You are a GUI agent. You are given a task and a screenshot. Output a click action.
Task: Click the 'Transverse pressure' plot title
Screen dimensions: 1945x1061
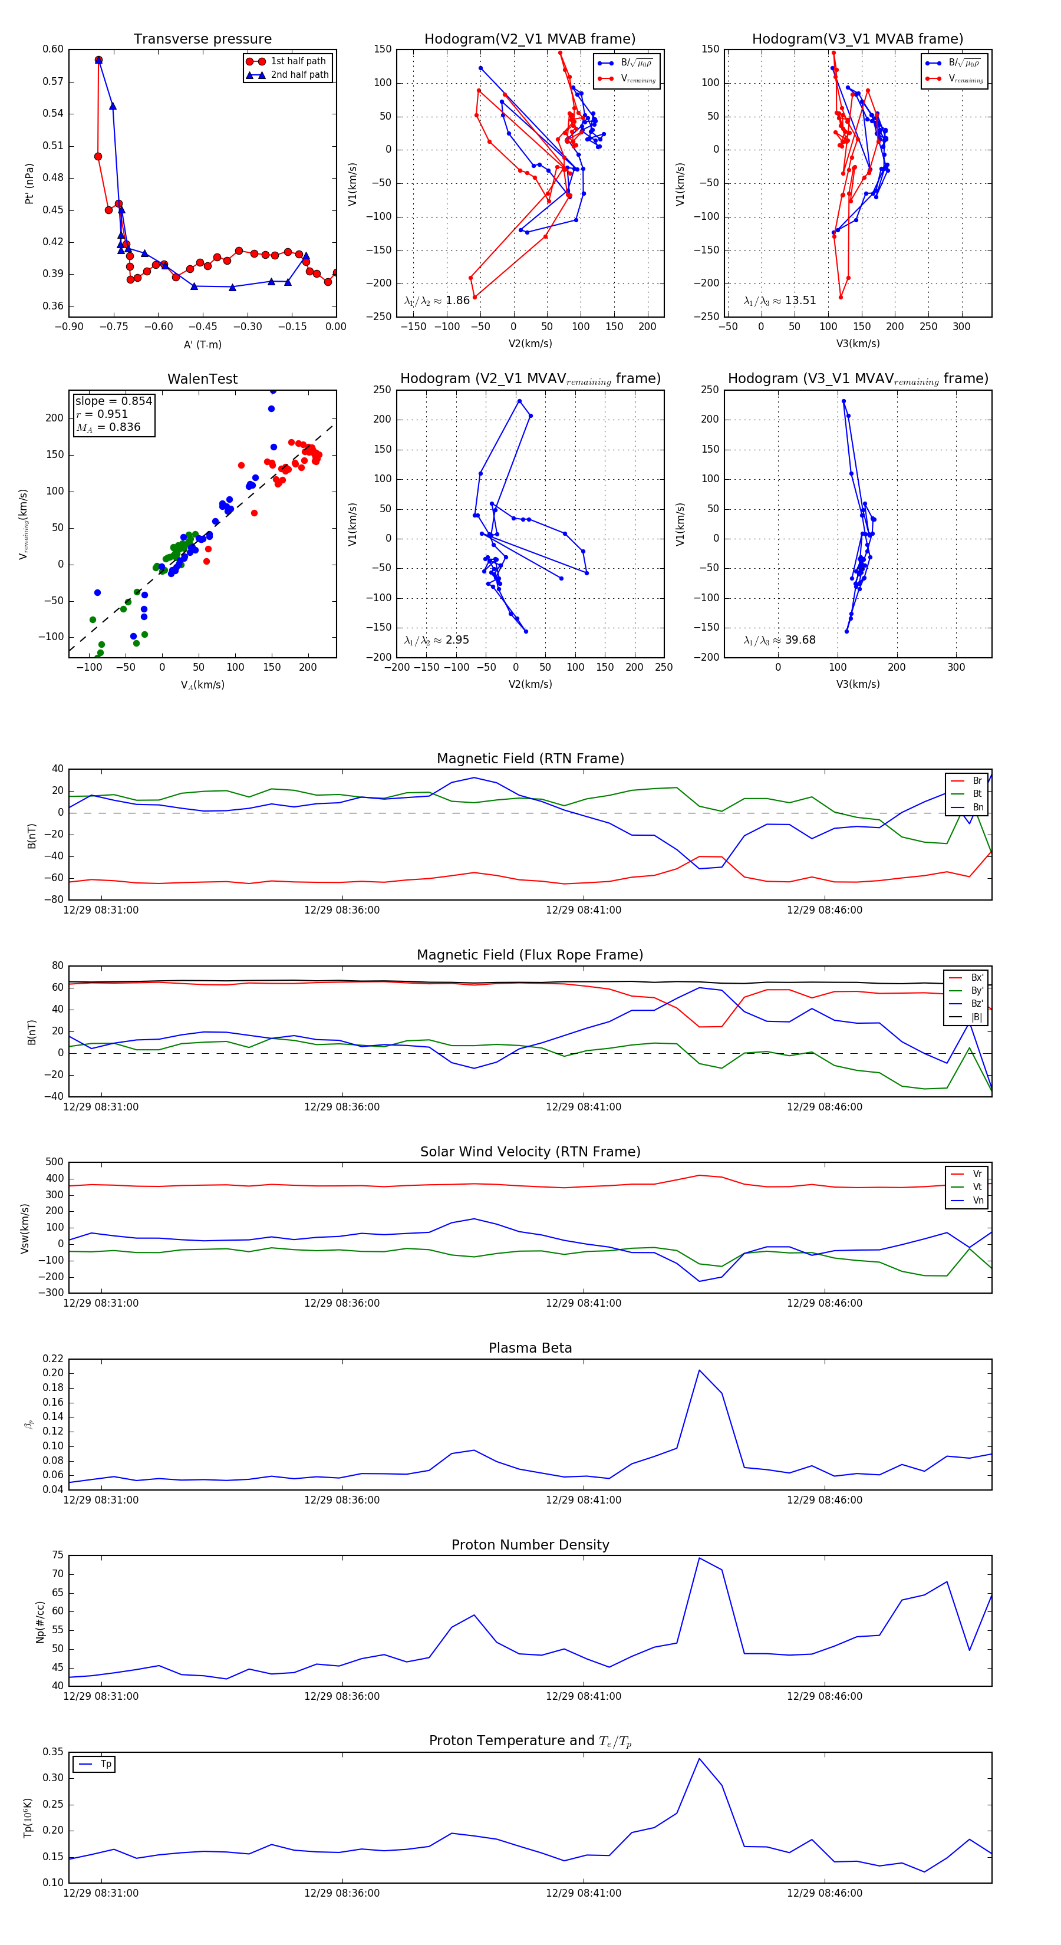coord(202,39)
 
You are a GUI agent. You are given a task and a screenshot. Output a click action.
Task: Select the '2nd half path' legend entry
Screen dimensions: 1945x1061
coord(299,75)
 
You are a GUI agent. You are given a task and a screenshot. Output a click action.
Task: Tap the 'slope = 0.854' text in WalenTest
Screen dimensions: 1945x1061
coord(113,401)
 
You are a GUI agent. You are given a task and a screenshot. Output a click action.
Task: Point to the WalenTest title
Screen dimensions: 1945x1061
coord(202,379)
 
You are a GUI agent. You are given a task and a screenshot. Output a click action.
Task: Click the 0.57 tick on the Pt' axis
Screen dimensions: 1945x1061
coord(53,81)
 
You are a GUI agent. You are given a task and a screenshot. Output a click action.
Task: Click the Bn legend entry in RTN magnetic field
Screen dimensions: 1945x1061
coord(977,807)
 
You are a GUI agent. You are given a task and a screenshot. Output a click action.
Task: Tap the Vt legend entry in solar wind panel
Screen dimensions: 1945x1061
coord(977,1187)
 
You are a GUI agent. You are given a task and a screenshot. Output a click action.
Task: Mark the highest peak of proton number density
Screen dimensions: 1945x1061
coord(699,1558)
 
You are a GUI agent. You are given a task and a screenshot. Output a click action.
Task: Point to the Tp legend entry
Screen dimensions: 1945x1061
coord(106,1764)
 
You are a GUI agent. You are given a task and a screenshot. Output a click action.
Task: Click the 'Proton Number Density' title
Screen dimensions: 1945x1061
coord(530,1545)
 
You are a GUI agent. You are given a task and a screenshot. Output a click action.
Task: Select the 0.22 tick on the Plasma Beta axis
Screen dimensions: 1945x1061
coord(53,1359)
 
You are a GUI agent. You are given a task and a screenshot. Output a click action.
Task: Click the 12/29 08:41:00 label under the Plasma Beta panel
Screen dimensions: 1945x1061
coord(583,1499)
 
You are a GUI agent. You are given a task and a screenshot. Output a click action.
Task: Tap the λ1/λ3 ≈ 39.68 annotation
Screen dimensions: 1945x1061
coord(779,639)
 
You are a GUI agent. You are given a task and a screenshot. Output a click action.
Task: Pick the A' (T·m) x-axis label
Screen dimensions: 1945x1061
coord(202,344)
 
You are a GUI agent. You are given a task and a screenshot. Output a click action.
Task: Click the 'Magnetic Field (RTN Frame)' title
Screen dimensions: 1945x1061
coord(530,759)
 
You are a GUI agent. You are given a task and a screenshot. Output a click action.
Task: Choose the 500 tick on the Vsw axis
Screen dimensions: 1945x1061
coord(54,1162)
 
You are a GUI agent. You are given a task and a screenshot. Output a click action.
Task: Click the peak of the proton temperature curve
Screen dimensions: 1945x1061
coord(699,1759)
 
